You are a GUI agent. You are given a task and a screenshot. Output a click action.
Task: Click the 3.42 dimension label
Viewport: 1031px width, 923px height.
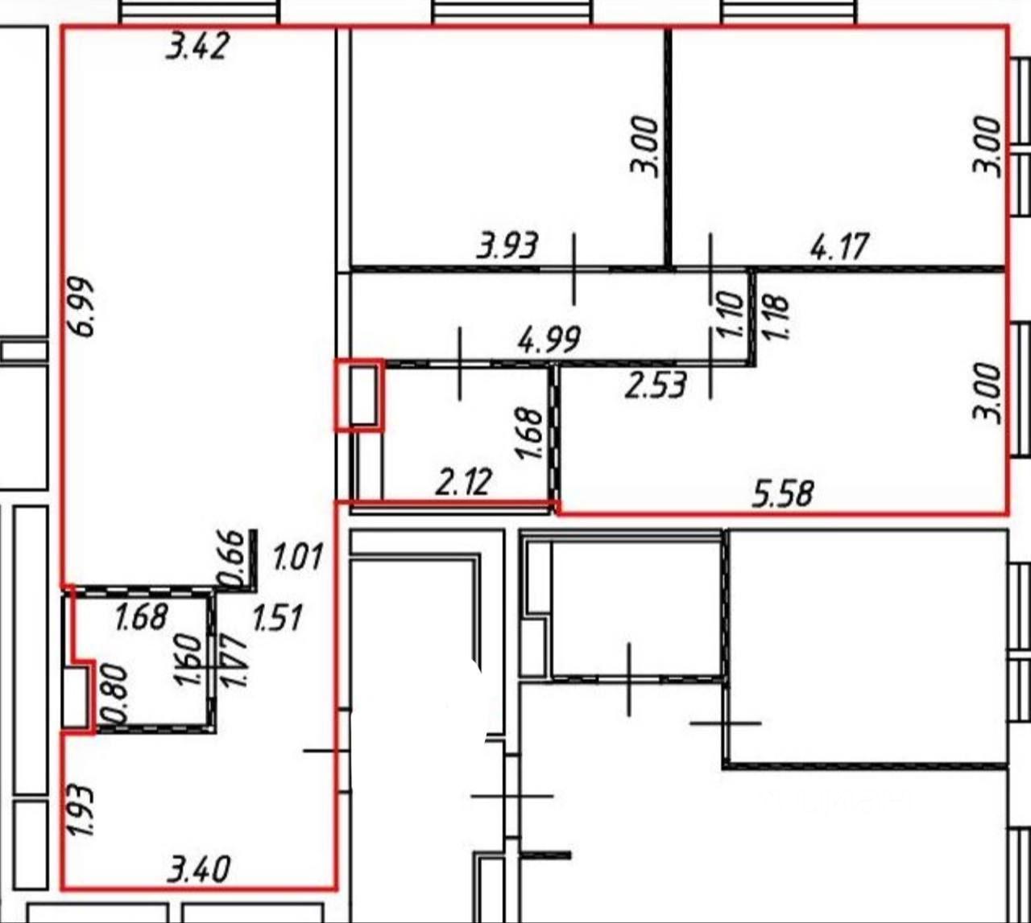[198, 47]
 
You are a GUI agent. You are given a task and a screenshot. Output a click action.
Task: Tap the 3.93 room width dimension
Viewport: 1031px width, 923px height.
[507, 245]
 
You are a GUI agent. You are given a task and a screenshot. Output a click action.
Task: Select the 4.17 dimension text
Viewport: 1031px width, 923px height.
[839, 246]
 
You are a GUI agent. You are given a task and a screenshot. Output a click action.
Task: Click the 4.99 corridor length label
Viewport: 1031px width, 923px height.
[549, 340]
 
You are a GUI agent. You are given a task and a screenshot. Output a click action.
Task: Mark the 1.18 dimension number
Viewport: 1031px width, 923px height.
[776, 318]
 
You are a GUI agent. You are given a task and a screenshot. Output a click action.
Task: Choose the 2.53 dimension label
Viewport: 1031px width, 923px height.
[656, 385]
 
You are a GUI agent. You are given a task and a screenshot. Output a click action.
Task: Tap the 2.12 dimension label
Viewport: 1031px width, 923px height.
[464, 482]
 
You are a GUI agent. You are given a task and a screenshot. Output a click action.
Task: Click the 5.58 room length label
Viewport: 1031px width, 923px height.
[783, 493]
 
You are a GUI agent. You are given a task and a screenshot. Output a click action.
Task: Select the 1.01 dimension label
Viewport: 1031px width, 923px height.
[298, 557]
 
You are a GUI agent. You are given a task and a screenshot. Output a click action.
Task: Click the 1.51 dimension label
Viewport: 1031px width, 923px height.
[277, 618]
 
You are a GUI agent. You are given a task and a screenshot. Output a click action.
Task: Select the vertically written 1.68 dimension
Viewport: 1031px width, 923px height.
[529, 433]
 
